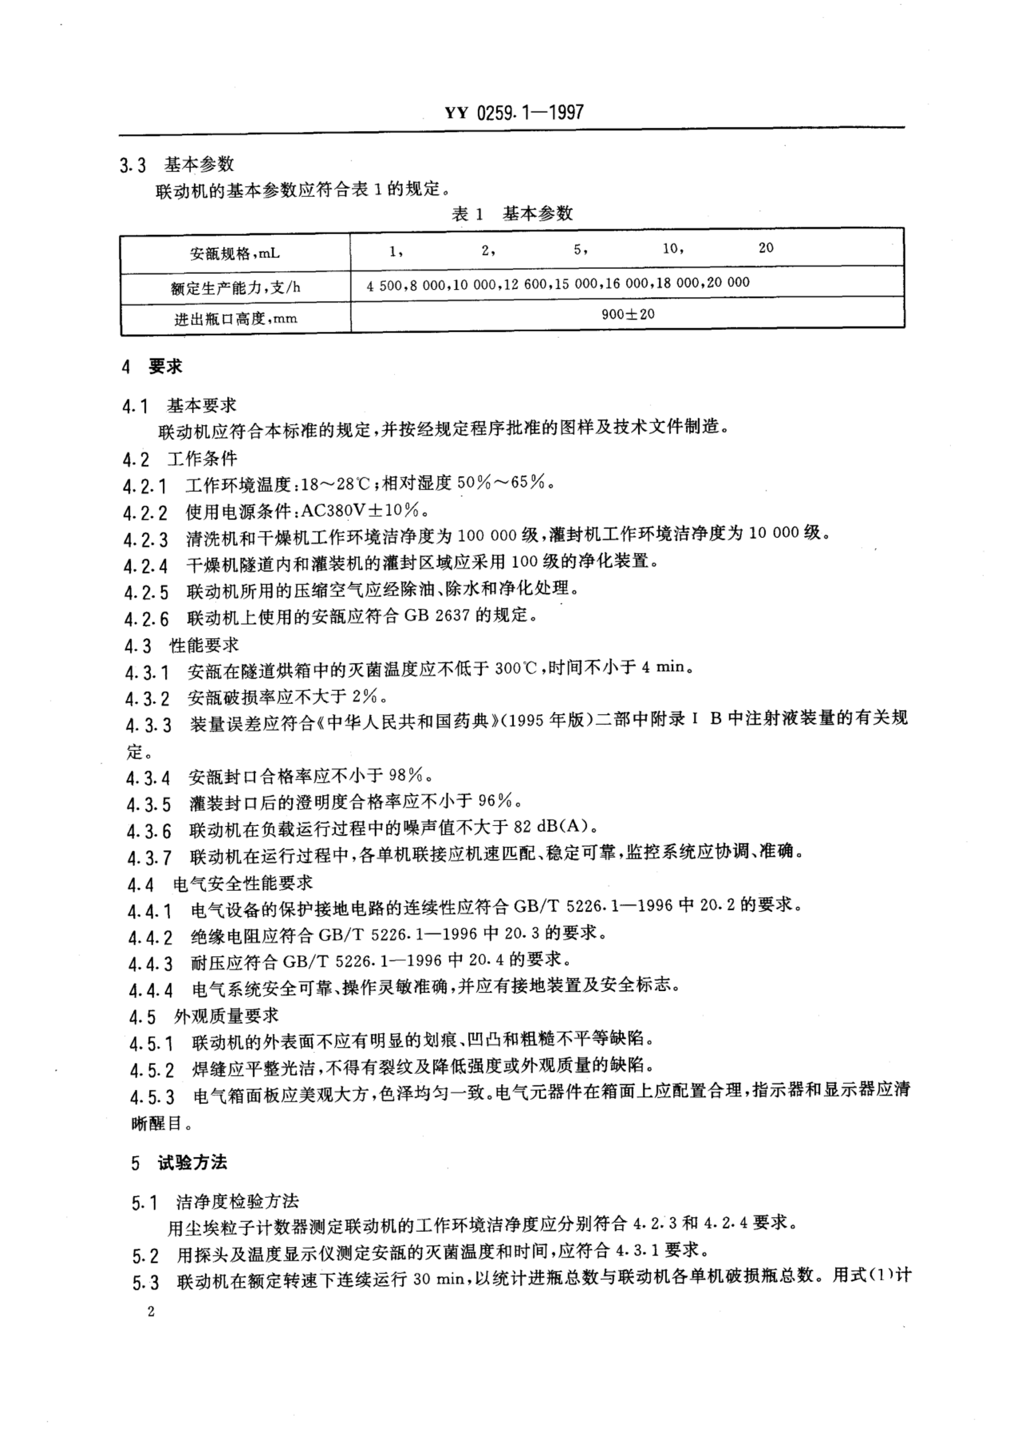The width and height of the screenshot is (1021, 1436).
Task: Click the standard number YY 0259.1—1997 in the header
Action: coord(514,113)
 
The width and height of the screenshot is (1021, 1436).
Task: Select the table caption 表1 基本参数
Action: coord(512,214)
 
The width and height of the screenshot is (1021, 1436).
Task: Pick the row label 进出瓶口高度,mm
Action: coord(235,319)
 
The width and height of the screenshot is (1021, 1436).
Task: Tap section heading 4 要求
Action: coord(153,367)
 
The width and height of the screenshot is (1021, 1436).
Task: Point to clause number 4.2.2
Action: coord(145,513)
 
